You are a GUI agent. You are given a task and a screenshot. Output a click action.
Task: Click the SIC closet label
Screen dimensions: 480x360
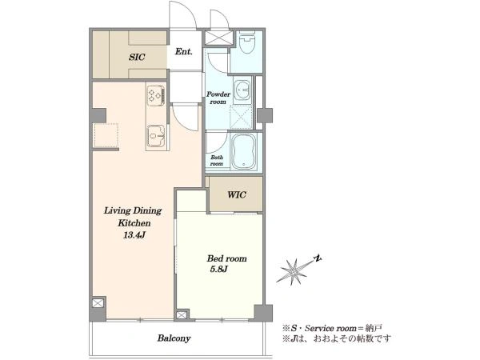coord(137,58)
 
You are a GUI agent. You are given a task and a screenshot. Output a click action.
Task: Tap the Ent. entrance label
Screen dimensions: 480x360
coord(184,52)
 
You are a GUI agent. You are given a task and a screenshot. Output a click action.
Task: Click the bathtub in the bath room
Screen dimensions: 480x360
coord(244,151)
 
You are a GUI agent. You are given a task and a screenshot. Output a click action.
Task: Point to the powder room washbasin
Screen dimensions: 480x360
coord(242,90)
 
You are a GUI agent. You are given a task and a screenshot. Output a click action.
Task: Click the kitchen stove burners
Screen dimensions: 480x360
coord(156,94)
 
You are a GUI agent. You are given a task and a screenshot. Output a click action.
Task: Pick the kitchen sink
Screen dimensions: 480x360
coord(157,135)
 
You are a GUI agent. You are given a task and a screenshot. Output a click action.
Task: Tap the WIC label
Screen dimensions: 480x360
coord(237,194)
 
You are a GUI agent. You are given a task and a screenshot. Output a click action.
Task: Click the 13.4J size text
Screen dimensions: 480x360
coord(134,235)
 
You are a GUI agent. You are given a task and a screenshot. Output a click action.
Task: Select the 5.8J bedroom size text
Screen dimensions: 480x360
coord(219,270)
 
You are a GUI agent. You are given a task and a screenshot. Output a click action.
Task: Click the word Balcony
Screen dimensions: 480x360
coord(174,338)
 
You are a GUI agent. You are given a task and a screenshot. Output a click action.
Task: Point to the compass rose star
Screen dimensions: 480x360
coord(294,271)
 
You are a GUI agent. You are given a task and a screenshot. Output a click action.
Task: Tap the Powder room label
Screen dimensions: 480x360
coord(218,98)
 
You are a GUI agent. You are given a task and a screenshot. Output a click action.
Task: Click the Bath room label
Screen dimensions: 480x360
coord(217,161)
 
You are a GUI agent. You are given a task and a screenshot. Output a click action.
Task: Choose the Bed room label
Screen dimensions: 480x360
coord(227,258)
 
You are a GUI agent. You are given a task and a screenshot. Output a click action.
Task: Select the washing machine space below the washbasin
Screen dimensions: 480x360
coord(242,116)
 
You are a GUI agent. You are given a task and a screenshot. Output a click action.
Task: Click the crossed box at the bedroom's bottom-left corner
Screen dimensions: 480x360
coord(182,315)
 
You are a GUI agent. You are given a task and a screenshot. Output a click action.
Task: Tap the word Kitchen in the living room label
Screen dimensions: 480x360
coord(134,223)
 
